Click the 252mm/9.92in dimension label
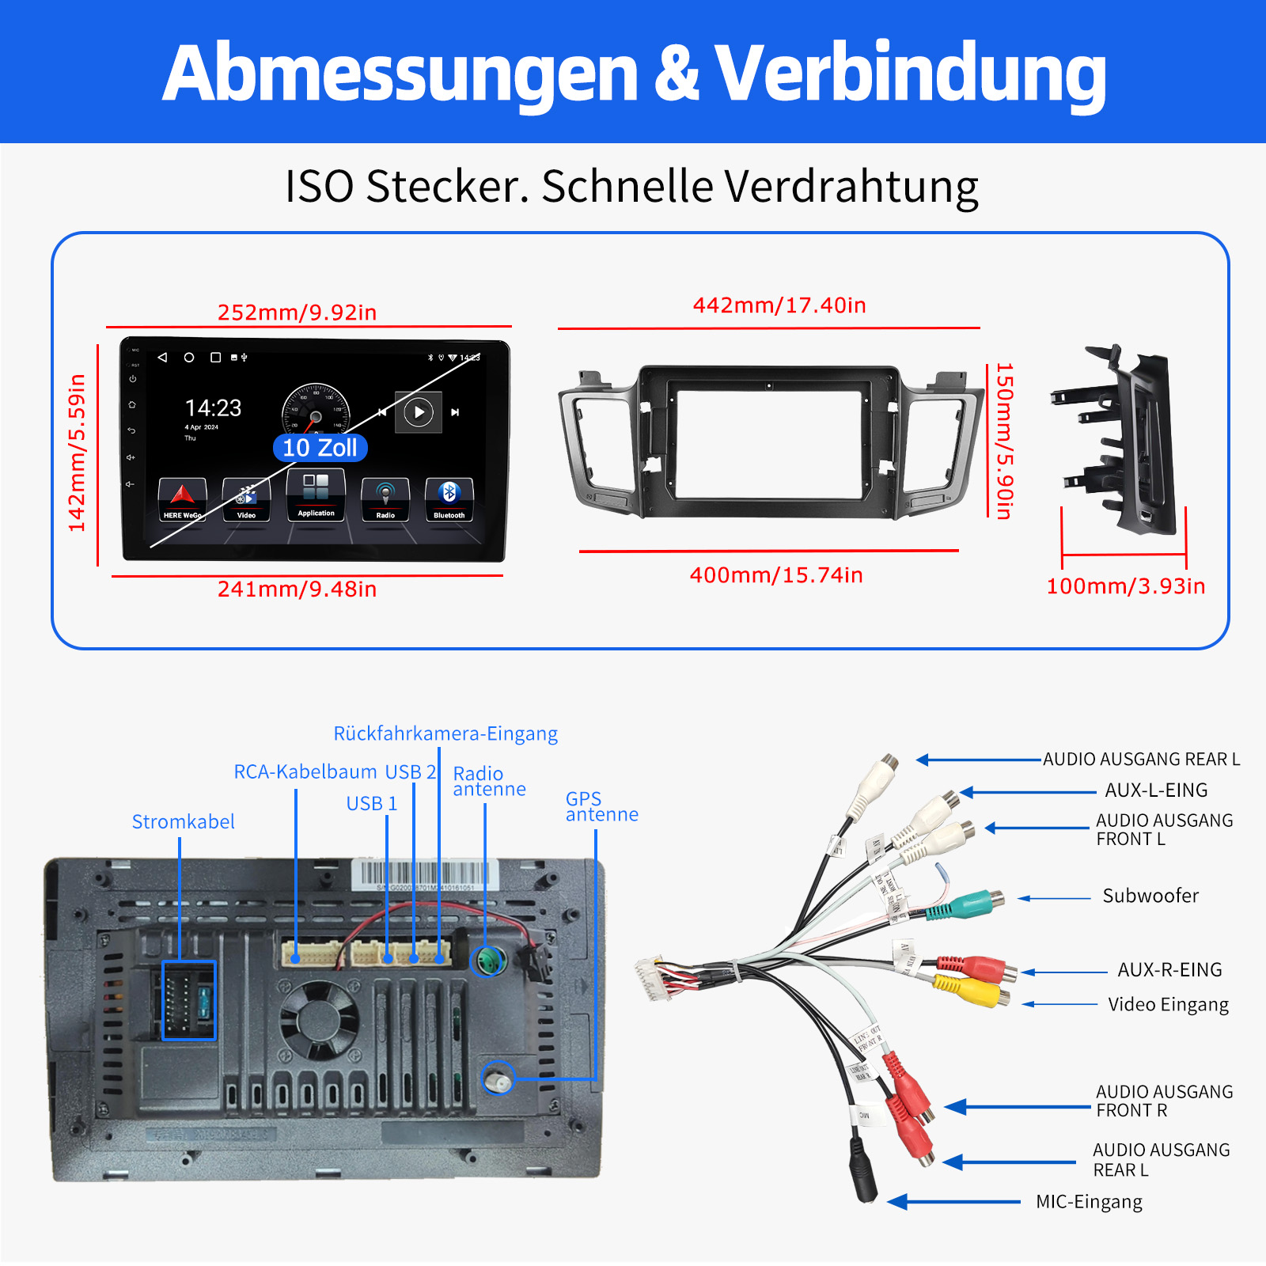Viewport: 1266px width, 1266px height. pyautogui.click(x=297, y=313)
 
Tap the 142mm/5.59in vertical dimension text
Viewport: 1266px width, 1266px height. pyautogui.click(x=77, y=453)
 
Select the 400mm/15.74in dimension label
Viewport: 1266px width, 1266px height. pyautogui.click(x=775, y=575)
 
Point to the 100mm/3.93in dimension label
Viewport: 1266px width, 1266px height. pyautogui.click(x=1125, y=586)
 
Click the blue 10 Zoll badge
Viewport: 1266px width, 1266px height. pyautogui.click(x=320, y=448)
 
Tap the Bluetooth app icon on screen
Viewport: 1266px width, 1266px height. pyautogui.click(x=449, y=498)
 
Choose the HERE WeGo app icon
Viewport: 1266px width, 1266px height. pyautogui.click(x=182, y=499)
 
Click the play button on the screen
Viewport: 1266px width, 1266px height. pyautogui.click(x=419, y=412)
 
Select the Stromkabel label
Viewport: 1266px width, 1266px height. pyautogui.click(x=183, y=822)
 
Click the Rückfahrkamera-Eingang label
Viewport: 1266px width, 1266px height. pyautogui.click(x=445, y=733)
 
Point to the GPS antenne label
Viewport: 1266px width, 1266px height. pyautogui.click(x=601, y=806)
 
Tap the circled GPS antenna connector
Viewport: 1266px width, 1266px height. pyautogui.click(x=498, y=1078)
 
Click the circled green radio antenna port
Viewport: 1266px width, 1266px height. pyautogui.click(x=488, y=961)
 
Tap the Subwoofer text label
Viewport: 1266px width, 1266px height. pyautogui.click(x=1150, y=896)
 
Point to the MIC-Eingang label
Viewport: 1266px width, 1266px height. pyautogui.click(x=1089, y=1202)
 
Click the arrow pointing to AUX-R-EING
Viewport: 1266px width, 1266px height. pyautogui.click(x=1064, y=972)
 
